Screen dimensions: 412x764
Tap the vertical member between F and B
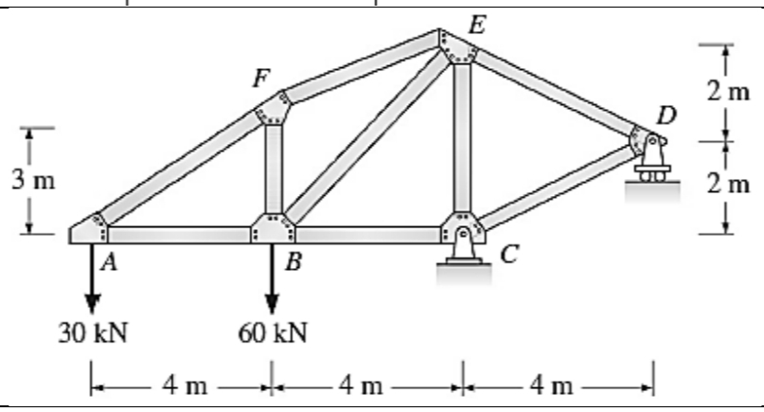tap(273, 170)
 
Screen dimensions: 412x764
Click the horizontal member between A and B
tap(180, 234)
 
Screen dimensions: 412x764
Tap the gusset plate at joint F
tap(271, 112)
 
